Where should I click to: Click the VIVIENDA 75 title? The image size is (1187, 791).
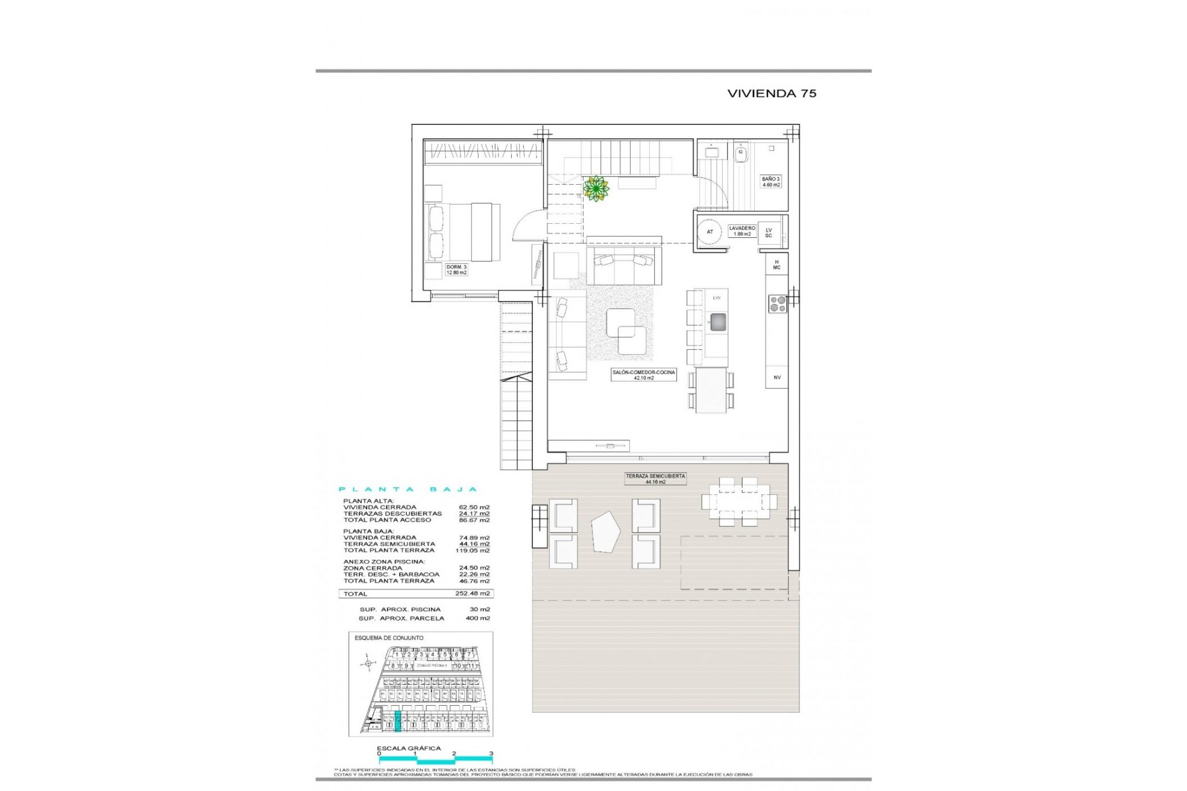[x=772, y=93]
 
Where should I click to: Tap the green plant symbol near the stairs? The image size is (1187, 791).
[x=596, y=188]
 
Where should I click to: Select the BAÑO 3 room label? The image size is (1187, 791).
[x=770, y=182]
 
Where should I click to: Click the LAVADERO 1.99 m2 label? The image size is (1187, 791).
[x=742, y=231]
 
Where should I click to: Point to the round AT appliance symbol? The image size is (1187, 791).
[x=710, y=232]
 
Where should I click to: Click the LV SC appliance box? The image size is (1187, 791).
[x=768, y=233]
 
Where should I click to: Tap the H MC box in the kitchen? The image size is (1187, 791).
[x=776, y=264]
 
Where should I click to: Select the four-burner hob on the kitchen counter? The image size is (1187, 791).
[x=777, y=303]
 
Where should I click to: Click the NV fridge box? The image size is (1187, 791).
[x=777, y=377]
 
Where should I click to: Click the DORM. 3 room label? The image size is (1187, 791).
[x=457, y=269]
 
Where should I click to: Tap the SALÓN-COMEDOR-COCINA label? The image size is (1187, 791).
[x=644, y=374]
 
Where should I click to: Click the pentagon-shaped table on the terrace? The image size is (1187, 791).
[x=606, y=532]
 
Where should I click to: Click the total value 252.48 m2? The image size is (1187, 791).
[x=477, y=593]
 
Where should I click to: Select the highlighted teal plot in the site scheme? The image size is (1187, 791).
[x=398, y=721]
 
